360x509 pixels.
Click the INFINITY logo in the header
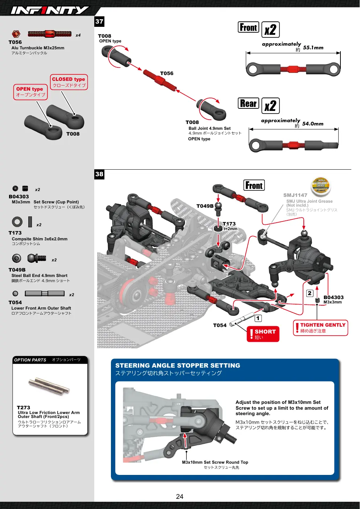click(50, 10)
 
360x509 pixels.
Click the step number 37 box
click(99, 21)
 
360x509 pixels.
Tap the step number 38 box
click(99, 174)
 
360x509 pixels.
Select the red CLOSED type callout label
click(69, 82)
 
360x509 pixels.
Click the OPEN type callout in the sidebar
click(30, 92)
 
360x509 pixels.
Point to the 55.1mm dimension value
click(313, 47)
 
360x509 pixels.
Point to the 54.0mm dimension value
click(313, 124)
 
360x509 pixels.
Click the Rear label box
click(248, 103)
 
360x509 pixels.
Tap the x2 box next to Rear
click(270, 105)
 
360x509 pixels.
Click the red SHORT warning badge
click(263, 334)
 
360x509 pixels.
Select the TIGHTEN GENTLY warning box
click(320, 328)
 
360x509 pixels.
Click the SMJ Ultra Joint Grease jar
click(320, 186)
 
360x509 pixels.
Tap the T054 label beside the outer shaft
click(220, 325)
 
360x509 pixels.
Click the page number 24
click(179, 497)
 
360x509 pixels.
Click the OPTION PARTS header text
click(30, 360)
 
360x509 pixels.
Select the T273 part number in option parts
click(24, 407)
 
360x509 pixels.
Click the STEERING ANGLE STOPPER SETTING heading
click(178, 365)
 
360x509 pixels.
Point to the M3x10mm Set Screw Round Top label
click(215, 462)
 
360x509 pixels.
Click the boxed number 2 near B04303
click(310, 293)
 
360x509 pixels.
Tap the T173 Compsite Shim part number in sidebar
click(15, 233)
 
